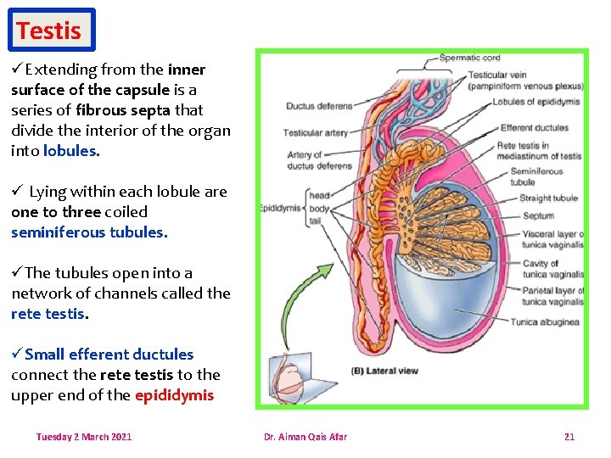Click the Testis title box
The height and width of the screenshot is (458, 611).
pyautogui.click(x=49, y=31)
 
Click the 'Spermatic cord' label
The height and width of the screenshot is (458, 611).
pyautogui.click(x=469, y=58)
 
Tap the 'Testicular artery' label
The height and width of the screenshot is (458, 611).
pyautogui.click(x=315, y=133)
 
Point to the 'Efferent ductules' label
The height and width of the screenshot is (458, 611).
pyautogui.click(x=534, y=128)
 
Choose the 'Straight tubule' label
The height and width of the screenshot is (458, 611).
pyautogui.click(x=548, y=198)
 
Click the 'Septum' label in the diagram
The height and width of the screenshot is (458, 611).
pyautogui.click(x=538, y=215)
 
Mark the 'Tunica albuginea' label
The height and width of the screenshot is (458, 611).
pyautogui.click(x=546, y=321)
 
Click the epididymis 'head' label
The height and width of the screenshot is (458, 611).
pyautogui.click(x=319, y=195)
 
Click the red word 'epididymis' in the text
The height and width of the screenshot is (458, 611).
pyautogui.click(x=174, y=394)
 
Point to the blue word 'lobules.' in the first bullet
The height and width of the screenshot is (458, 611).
pyautogui.click(x=71, y=150)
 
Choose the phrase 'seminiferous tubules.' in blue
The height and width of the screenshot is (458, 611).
pyautogui.click(x=89, y=232)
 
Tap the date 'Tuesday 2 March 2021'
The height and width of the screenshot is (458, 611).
pyautogui.click(x=83, y=437)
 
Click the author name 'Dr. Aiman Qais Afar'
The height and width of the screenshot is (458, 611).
pyautogui.click(x=305, y=437)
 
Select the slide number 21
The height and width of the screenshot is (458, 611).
pyautogui.click(x=569, y=437)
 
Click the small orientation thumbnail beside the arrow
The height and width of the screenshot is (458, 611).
pyautogui.click(x=289, y=378)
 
